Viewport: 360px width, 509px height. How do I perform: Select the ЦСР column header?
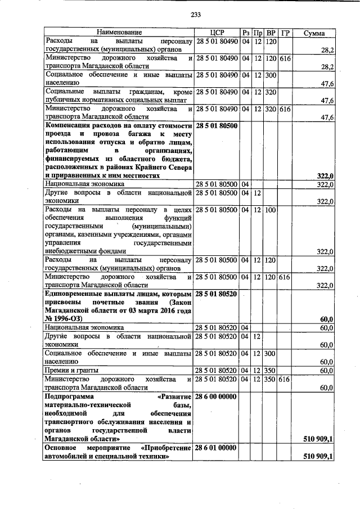pos(217,33)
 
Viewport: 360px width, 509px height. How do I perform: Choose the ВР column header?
pos(271,33)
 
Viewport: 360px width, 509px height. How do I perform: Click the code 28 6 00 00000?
pos(217,395)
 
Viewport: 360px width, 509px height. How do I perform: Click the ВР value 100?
pos(271,210)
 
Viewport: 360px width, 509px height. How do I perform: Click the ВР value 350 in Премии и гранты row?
pos(271,370)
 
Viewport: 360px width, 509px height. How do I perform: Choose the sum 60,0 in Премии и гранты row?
pos(326,370)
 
